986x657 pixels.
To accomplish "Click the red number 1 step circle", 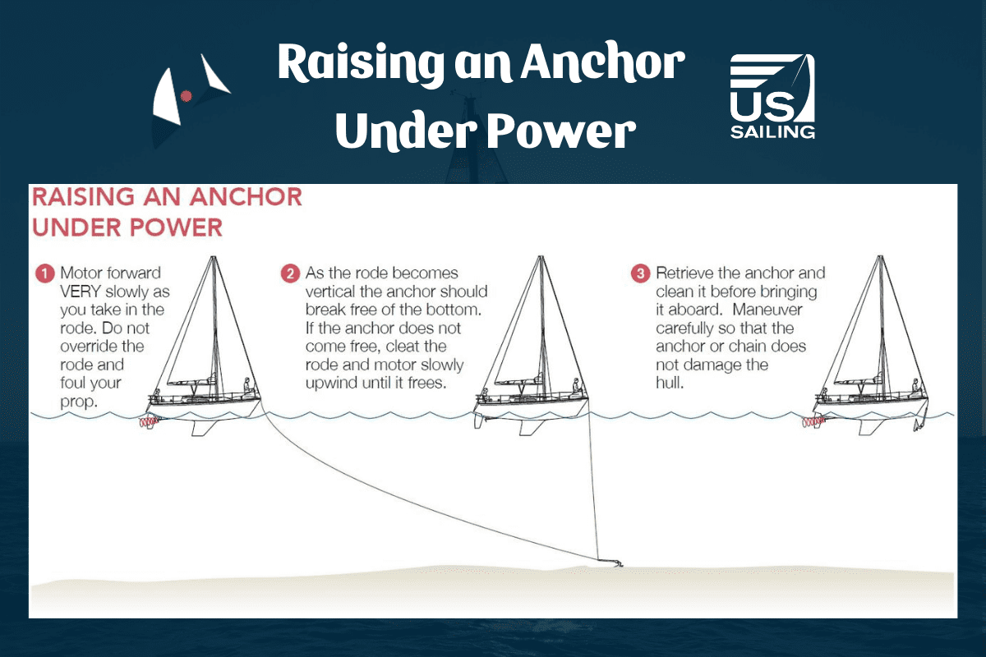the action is (44, 273).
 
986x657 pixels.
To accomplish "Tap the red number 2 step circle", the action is (290, 273).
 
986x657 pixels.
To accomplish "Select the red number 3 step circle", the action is (640, 273).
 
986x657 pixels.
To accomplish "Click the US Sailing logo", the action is (772, 96).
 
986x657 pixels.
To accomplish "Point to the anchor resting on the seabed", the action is (612, 563).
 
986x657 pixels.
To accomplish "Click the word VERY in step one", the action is (81, 292).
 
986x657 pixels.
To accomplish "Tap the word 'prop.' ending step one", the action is (79, 402).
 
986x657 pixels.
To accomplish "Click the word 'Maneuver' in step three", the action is (767, 310).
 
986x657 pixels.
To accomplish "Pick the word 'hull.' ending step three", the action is (670, 383).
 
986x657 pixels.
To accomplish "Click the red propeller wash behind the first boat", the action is (149, 422).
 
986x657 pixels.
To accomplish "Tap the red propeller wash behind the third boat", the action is (813, 422).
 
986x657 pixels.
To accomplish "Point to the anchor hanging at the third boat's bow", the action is (919, 425).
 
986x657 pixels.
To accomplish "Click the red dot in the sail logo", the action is (187, 96).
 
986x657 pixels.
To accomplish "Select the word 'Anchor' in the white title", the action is (603, 63).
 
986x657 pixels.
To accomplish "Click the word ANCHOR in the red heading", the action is (246, 197).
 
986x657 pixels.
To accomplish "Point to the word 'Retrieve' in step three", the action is (684, 273).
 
